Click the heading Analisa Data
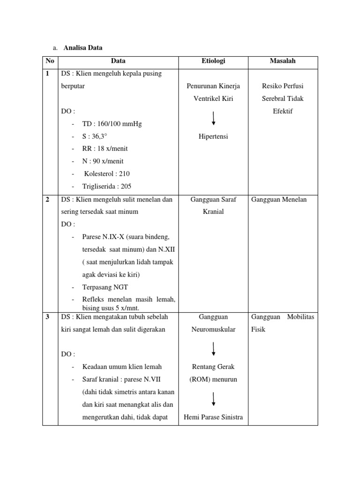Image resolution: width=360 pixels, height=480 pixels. pos(82,48)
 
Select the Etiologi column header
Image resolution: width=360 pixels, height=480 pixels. pos(213,61)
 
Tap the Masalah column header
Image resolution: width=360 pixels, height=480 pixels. pos(283,61)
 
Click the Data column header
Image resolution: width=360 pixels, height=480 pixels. pos(118,61)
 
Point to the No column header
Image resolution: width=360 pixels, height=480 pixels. pos(50,61)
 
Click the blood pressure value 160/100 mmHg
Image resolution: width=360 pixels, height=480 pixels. pos(118,124)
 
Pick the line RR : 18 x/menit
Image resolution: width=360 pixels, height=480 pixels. pos(105,149)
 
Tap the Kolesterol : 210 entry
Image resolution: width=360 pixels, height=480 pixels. pos(106,173)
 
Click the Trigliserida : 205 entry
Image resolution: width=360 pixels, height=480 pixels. pos(107,186)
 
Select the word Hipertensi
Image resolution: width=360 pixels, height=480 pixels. pos(213,136)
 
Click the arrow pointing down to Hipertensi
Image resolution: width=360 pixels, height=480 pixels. pos(214,118)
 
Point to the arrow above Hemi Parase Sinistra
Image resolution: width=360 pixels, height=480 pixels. pos(214,398)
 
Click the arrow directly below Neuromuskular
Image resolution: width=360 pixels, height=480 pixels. pos(214,348)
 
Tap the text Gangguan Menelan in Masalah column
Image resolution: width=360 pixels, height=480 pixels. pos(279,199)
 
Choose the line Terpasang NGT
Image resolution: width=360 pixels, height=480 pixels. pos(105,287)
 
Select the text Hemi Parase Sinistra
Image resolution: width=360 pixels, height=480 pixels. pos(213,417)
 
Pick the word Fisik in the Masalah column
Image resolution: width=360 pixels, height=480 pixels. pos(258,330)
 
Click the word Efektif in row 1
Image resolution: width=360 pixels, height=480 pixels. pos(283,112)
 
